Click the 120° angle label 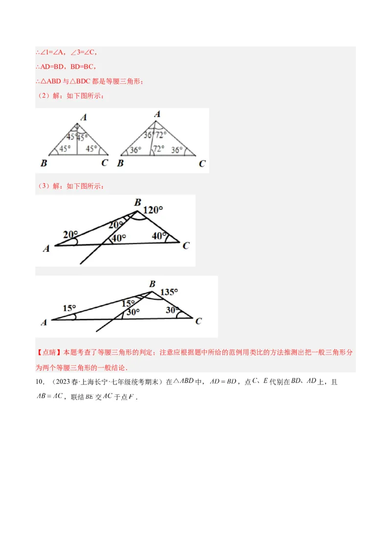[x=153, y=210]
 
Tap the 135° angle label [x=169, y=292]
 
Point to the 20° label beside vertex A [x=70, y=235]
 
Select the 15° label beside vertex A [x=69, y=308]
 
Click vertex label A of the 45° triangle [x=84, y=117]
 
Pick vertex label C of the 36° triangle [x=202, y=164]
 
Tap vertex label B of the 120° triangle [x=138, y=202]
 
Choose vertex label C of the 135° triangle [x=198, y=321]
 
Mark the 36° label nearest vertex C [x=176, y=150]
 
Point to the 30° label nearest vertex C [x=172, y=310]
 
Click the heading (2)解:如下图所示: [x=71, y=96]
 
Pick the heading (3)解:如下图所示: [x=71, y=186]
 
